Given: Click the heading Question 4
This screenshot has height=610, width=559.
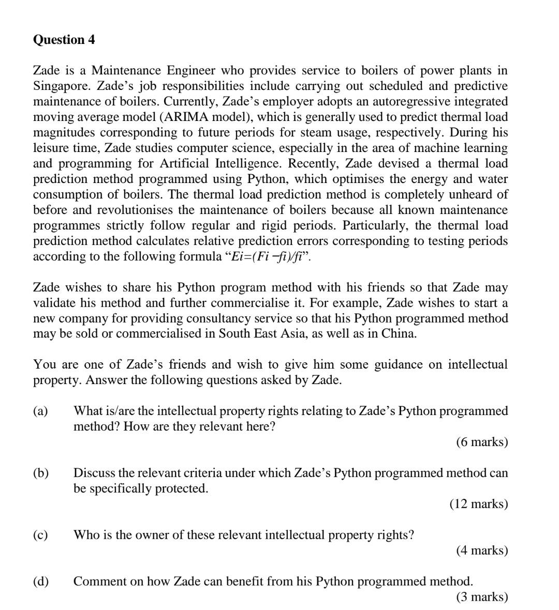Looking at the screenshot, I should pyautogui.click(x=64, y=40).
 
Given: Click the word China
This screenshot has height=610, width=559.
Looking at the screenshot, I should pyautogui.click(x=398, y=333).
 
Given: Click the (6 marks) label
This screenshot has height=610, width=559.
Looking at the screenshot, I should pyautogui.click(x=482, y=442).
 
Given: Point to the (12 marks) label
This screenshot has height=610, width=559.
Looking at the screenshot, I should pyautogui.click(x=479, y=504).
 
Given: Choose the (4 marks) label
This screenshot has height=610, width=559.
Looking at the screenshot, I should pyautogui.click(x=482, y=550).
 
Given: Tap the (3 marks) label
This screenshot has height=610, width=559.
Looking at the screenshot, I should pyautogui.click(x=482, y=597).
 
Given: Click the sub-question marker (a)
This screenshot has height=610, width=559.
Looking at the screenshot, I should pyautogui.click(x=40, y=411).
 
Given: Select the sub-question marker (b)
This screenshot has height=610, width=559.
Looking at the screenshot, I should pyautogui.click(x=40, y=472).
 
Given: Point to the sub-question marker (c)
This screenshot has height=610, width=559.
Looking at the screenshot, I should pyautogui.click(x=40, y=535).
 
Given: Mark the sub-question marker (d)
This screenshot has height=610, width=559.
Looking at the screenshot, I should pyautogui.click(x=40, y=581).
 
